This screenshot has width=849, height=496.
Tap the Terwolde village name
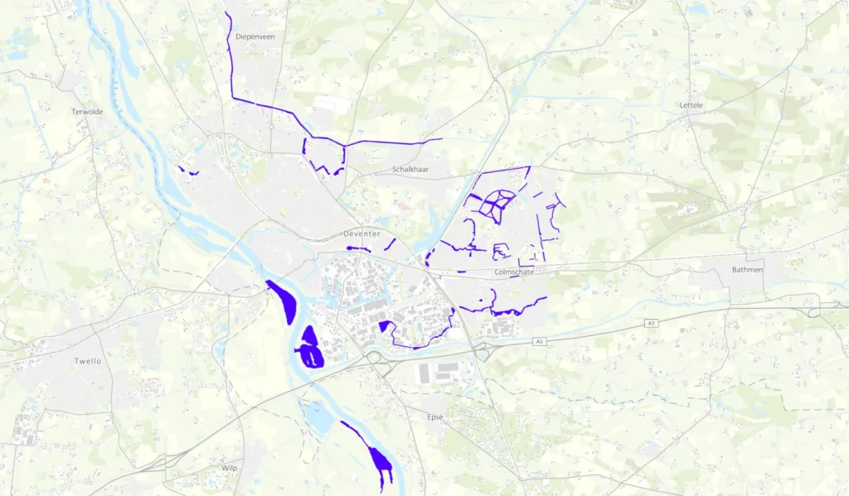tap(87, 111)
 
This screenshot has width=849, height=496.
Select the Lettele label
tap(691, 105)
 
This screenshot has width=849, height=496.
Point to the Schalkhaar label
tap(412, 170)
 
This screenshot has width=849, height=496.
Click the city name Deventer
tap(361, 234)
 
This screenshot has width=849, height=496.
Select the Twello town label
tap(88, 361)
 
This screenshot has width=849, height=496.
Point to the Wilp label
tap(230, 468)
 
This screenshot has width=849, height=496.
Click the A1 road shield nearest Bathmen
tap(652, 322)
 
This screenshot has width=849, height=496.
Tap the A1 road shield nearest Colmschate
tap(539, 341)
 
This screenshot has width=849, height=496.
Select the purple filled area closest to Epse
tap(380, 462)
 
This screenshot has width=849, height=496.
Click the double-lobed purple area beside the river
tap(309, 349)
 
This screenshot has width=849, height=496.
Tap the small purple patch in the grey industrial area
tap(385, 326)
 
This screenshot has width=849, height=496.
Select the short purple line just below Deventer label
tap(358, 248)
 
